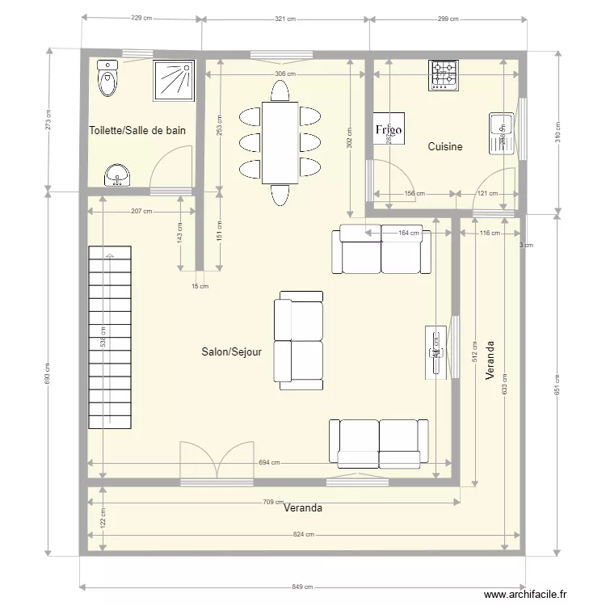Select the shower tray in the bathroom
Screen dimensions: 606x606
tap(174, 79)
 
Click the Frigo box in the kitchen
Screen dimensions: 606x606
tap(389, 129)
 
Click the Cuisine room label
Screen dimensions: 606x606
tap(445, 146)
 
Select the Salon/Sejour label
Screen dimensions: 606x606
tap(231, 352)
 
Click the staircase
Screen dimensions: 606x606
tap(109, 339)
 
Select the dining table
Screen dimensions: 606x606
tap(280, 143)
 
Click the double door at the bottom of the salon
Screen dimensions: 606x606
tap(217, 465)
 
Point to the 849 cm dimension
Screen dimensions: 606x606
tap(302, 587)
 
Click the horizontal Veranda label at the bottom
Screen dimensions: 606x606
tap(303, 508)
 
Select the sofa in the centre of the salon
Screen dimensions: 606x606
tap(298, 339)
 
